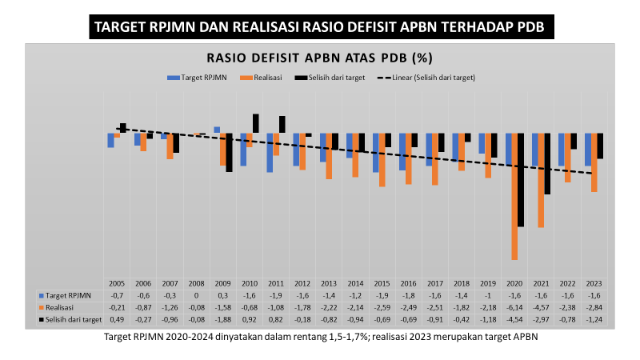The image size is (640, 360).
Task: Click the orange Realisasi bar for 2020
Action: pos(514,196)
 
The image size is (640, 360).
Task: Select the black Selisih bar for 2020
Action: pos(521,180)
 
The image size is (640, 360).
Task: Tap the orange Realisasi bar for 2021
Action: pos(541,181)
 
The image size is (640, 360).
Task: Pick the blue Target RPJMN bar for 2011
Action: pos(270,153)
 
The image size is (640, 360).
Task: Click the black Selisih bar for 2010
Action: pos(256,123)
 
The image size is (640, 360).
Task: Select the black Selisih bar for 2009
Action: pos(229,152)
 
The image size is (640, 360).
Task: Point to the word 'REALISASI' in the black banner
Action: pos(268,27)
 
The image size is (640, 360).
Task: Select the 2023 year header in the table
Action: pos(594,283)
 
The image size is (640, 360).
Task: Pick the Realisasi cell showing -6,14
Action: pos(514,307)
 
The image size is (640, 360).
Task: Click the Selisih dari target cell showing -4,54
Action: pos(514,319)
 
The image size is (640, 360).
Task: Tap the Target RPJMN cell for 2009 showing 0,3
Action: pos(223,295)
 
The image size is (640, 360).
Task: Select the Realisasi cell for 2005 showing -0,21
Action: pos(117,307)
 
